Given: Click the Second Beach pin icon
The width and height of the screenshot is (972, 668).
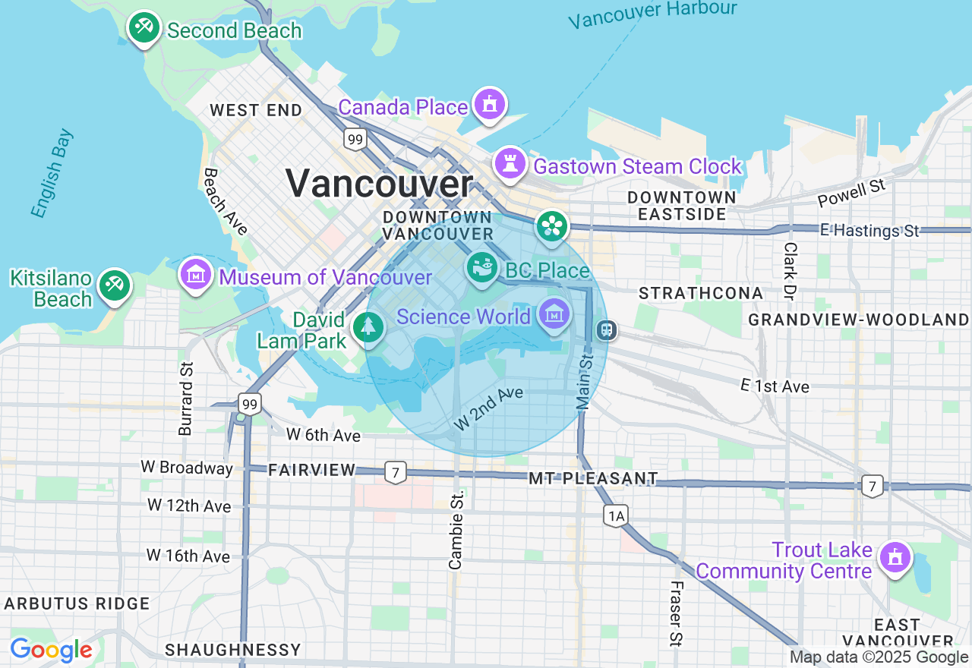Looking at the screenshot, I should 142,28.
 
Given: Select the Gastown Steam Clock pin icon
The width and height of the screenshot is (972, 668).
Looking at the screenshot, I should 510,163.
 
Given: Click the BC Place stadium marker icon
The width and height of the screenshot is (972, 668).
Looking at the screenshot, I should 481,267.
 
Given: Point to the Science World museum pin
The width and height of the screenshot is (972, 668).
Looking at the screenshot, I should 554,314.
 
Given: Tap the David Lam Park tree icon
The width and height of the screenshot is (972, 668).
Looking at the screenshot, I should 368,327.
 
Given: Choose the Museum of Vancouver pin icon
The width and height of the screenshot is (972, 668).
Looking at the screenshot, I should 196,274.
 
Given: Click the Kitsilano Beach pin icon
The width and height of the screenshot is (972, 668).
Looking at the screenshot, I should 115,286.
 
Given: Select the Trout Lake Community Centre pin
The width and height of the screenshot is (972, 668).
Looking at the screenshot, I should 895,558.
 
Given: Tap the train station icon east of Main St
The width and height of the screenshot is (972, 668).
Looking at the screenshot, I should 606,330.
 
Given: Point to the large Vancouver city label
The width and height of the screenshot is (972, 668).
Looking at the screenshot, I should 379,184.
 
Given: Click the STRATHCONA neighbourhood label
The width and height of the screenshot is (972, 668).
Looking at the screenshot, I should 700,293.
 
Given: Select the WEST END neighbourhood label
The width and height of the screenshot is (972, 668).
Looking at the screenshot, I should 256,110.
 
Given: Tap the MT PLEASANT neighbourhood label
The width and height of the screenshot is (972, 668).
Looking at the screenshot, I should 593,478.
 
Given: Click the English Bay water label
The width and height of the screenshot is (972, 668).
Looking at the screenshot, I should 53,174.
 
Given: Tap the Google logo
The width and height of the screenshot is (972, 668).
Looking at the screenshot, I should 51,650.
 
